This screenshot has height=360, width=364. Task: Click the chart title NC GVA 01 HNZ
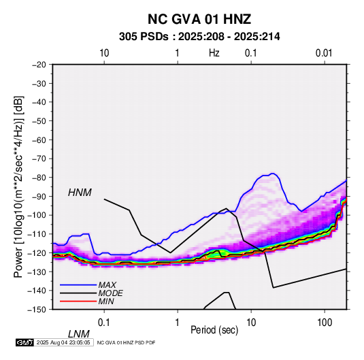[199, 19]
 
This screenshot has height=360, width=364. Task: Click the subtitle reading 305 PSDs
[144, 37]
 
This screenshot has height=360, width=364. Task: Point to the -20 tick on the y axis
[39, 65]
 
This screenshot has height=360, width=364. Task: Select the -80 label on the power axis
[39, 178]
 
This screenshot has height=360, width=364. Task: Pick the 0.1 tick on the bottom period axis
[104, 323]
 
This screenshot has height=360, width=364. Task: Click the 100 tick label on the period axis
[325, 323]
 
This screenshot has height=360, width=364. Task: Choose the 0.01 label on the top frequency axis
[324, 53]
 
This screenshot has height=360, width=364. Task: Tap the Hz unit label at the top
[214, 53]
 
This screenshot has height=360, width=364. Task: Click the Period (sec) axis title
[214, 330]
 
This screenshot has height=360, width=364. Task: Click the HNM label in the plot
[80, 193]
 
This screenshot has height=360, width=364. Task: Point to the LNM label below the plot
[79, 334]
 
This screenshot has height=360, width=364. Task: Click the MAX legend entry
[107, 285]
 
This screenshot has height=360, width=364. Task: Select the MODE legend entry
[110, 293]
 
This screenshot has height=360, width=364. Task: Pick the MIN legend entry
[106, 301]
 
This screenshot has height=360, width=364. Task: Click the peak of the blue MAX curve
[273, 174]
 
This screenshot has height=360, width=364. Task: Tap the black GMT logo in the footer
[24, 342]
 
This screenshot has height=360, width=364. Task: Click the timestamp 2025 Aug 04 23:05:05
[63, 342]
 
